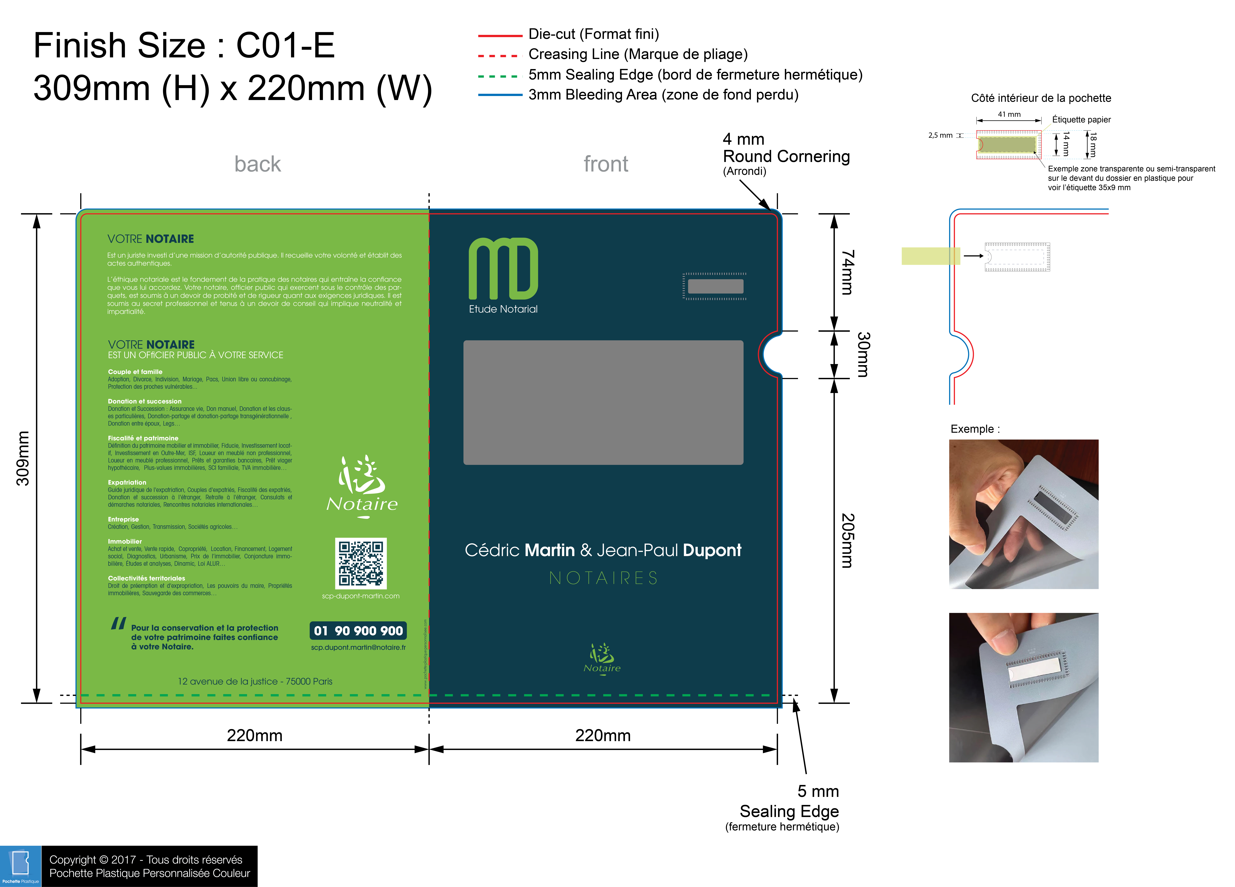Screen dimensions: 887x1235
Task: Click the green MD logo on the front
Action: [x=503, y=269]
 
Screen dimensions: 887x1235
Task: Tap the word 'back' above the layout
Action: [x=258, y=164]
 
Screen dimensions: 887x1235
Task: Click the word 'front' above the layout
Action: [x=606, y=164]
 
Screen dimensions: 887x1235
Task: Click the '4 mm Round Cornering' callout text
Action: [x=786, y=155]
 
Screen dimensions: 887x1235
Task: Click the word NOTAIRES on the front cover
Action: [x=603, y=578]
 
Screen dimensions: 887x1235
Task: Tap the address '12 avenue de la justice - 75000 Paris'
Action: [x=255, y=681]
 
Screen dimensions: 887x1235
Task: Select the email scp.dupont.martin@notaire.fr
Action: [x=358, y=647]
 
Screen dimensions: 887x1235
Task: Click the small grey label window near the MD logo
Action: [x=715, y=286]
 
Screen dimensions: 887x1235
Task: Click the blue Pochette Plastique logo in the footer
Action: [x=21, y=865]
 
